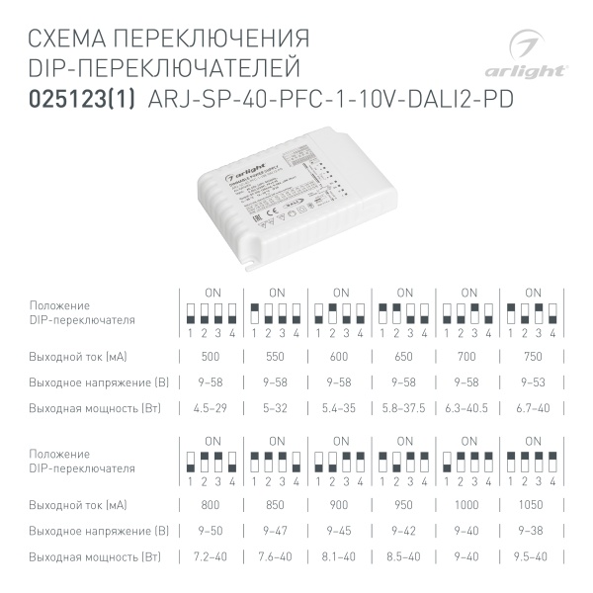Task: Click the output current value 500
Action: pyautogui.click(x=211, y=356)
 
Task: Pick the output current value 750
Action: pyautogui.click(x=533, y=356)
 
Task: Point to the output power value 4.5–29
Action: pyautogui.click(x=211, y=407)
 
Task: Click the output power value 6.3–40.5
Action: pyautogui.click(x=468, y=407)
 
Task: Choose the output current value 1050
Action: pyautogui.click(x=533, y=504)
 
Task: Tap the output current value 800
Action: pyautogui.click(x=211, y=504)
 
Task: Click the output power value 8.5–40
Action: pyautogui.click(x=403, y=556)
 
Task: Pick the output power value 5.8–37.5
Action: pyautogui.click(x=403, y=407)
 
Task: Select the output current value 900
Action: pyautogui.click(x=339, y=504)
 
